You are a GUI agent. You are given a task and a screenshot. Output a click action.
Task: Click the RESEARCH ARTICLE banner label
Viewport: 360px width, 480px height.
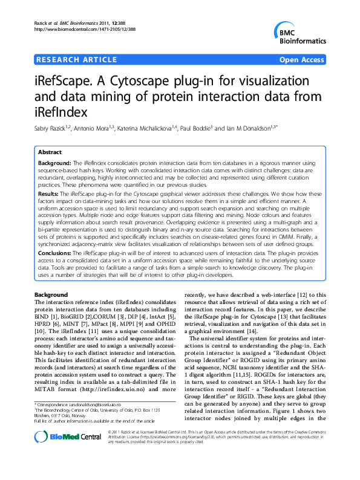76,60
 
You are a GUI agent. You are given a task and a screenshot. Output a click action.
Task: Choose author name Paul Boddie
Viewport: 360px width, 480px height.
218,129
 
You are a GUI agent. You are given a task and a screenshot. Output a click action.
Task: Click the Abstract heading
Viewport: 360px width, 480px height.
50,152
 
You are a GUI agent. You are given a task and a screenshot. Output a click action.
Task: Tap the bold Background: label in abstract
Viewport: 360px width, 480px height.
54,164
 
